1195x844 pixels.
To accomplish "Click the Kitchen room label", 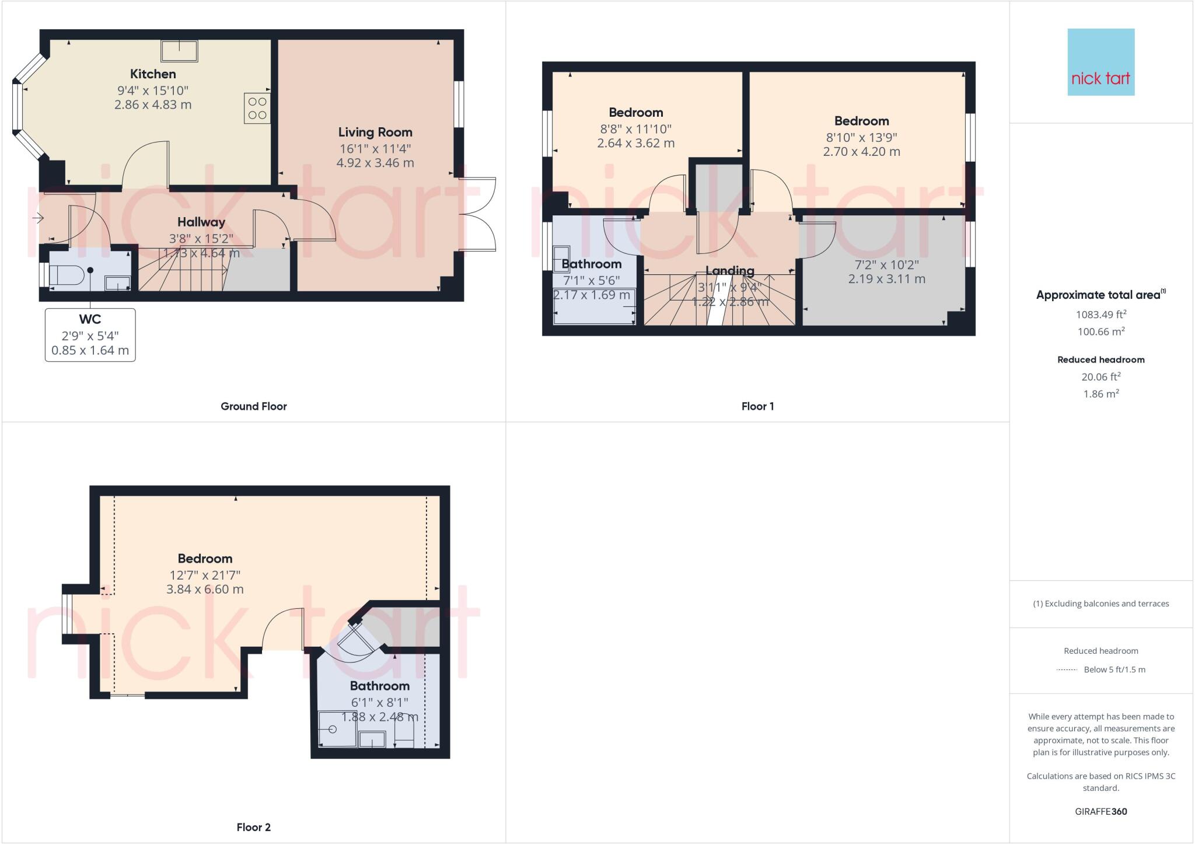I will pyautogui.click(x=153, y=74).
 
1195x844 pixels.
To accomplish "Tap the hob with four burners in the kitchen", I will pyautogui.click(x=257, y=108).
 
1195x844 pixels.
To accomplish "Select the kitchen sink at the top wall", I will pyautogui.click(x=179, y=51).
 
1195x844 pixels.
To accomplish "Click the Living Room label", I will pyautogui.click(x=375, y=132).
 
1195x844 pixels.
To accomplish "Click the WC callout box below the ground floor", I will pyautogui.click(x=90, y=335).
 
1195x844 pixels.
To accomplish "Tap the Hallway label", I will pyautogui.click(x=201, y=222).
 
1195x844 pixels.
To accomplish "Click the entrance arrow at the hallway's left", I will pyautogui.click(x=38, y=219).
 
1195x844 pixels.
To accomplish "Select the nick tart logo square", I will pyautogui.click(x=1101, y=62).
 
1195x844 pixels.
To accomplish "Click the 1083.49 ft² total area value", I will pyautogui.click(x=1101, y=315).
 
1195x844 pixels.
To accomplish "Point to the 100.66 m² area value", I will pyautogui.click(x=1101, y=332).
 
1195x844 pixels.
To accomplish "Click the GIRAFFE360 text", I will pyautogui.click(x=1101, y=811).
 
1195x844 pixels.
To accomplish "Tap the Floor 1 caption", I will pyautogui.click(x=757, y=406).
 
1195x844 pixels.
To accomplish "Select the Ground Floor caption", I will pyautogui.click(x=254, y=406).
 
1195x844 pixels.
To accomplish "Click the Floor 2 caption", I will pyautogui.click(x=254, y=827).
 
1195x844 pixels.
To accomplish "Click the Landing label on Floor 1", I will pyautogui.click(x=730, y=271).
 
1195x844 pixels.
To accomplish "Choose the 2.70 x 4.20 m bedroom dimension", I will pyautogui.click(x=861, y=152).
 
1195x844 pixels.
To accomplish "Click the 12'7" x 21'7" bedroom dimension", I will pyautogui.click(x=205, y=575).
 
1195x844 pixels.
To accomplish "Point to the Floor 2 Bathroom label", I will pyautogui.click(x=380, y=686).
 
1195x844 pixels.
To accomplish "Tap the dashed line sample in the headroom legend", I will pyautogui.click(x=1067, y=670).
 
